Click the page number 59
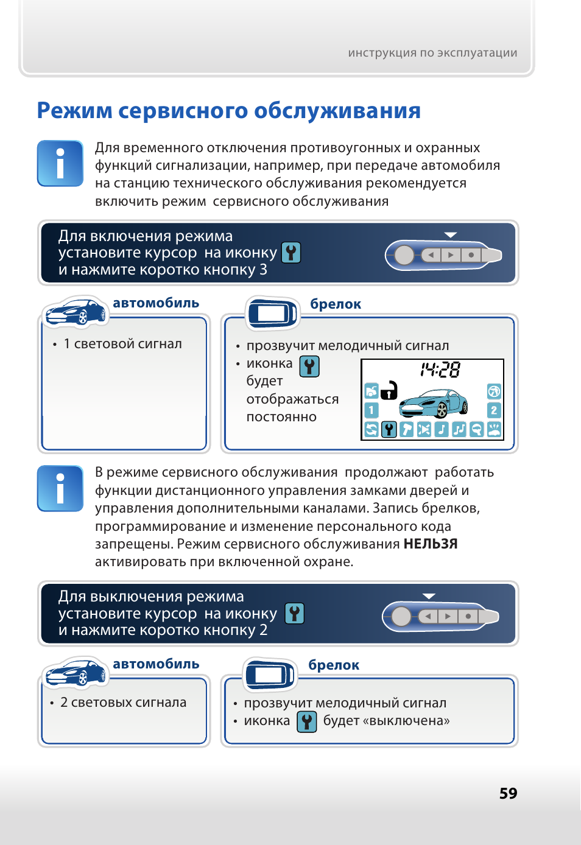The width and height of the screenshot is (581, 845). click(508, 793)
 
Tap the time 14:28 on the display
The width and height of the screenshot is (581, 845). click(440, 370)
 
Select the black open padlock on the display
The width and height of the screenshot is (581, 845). click(389, 390)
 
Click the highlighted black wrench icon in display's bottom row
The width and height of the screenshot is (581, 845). click(389, 430)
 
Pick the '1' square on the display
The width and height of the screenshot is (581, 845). click(371, 410)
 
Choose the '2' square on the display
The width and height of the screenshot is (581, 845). click(494, 410)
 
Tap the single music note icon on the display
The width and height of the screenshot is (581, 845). click(442, 430)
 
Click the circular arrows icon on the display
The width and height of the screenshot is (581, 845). click(371, 430)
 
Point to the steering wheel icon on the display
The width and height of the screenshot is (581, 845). click(494, 391)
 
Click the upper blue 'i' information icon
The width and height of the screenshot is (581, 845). click(60, 163)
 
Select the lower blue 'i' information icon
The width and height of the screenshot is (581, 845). click(60, 488)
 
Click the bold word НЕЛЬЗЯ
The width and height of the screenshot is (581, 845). click(431, 544)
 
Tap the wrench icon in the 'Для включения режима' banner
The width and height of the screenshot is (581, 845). click(291, 253)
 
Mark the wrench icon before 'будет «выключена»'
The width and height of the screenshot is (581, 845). click(307, 721)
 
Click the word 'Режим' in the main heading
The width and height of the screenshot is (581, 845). click(74, 111)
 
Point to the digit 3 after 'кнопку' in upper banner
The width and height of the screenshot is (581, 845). click(263, 270)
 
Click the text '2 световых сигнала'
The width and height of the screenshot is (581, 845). click(123, 703)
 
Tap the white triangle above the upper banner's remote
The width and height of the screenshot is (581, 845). click(451, 235)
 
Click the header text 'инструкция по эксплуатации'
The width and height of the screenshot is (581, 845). click(432, 53)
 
